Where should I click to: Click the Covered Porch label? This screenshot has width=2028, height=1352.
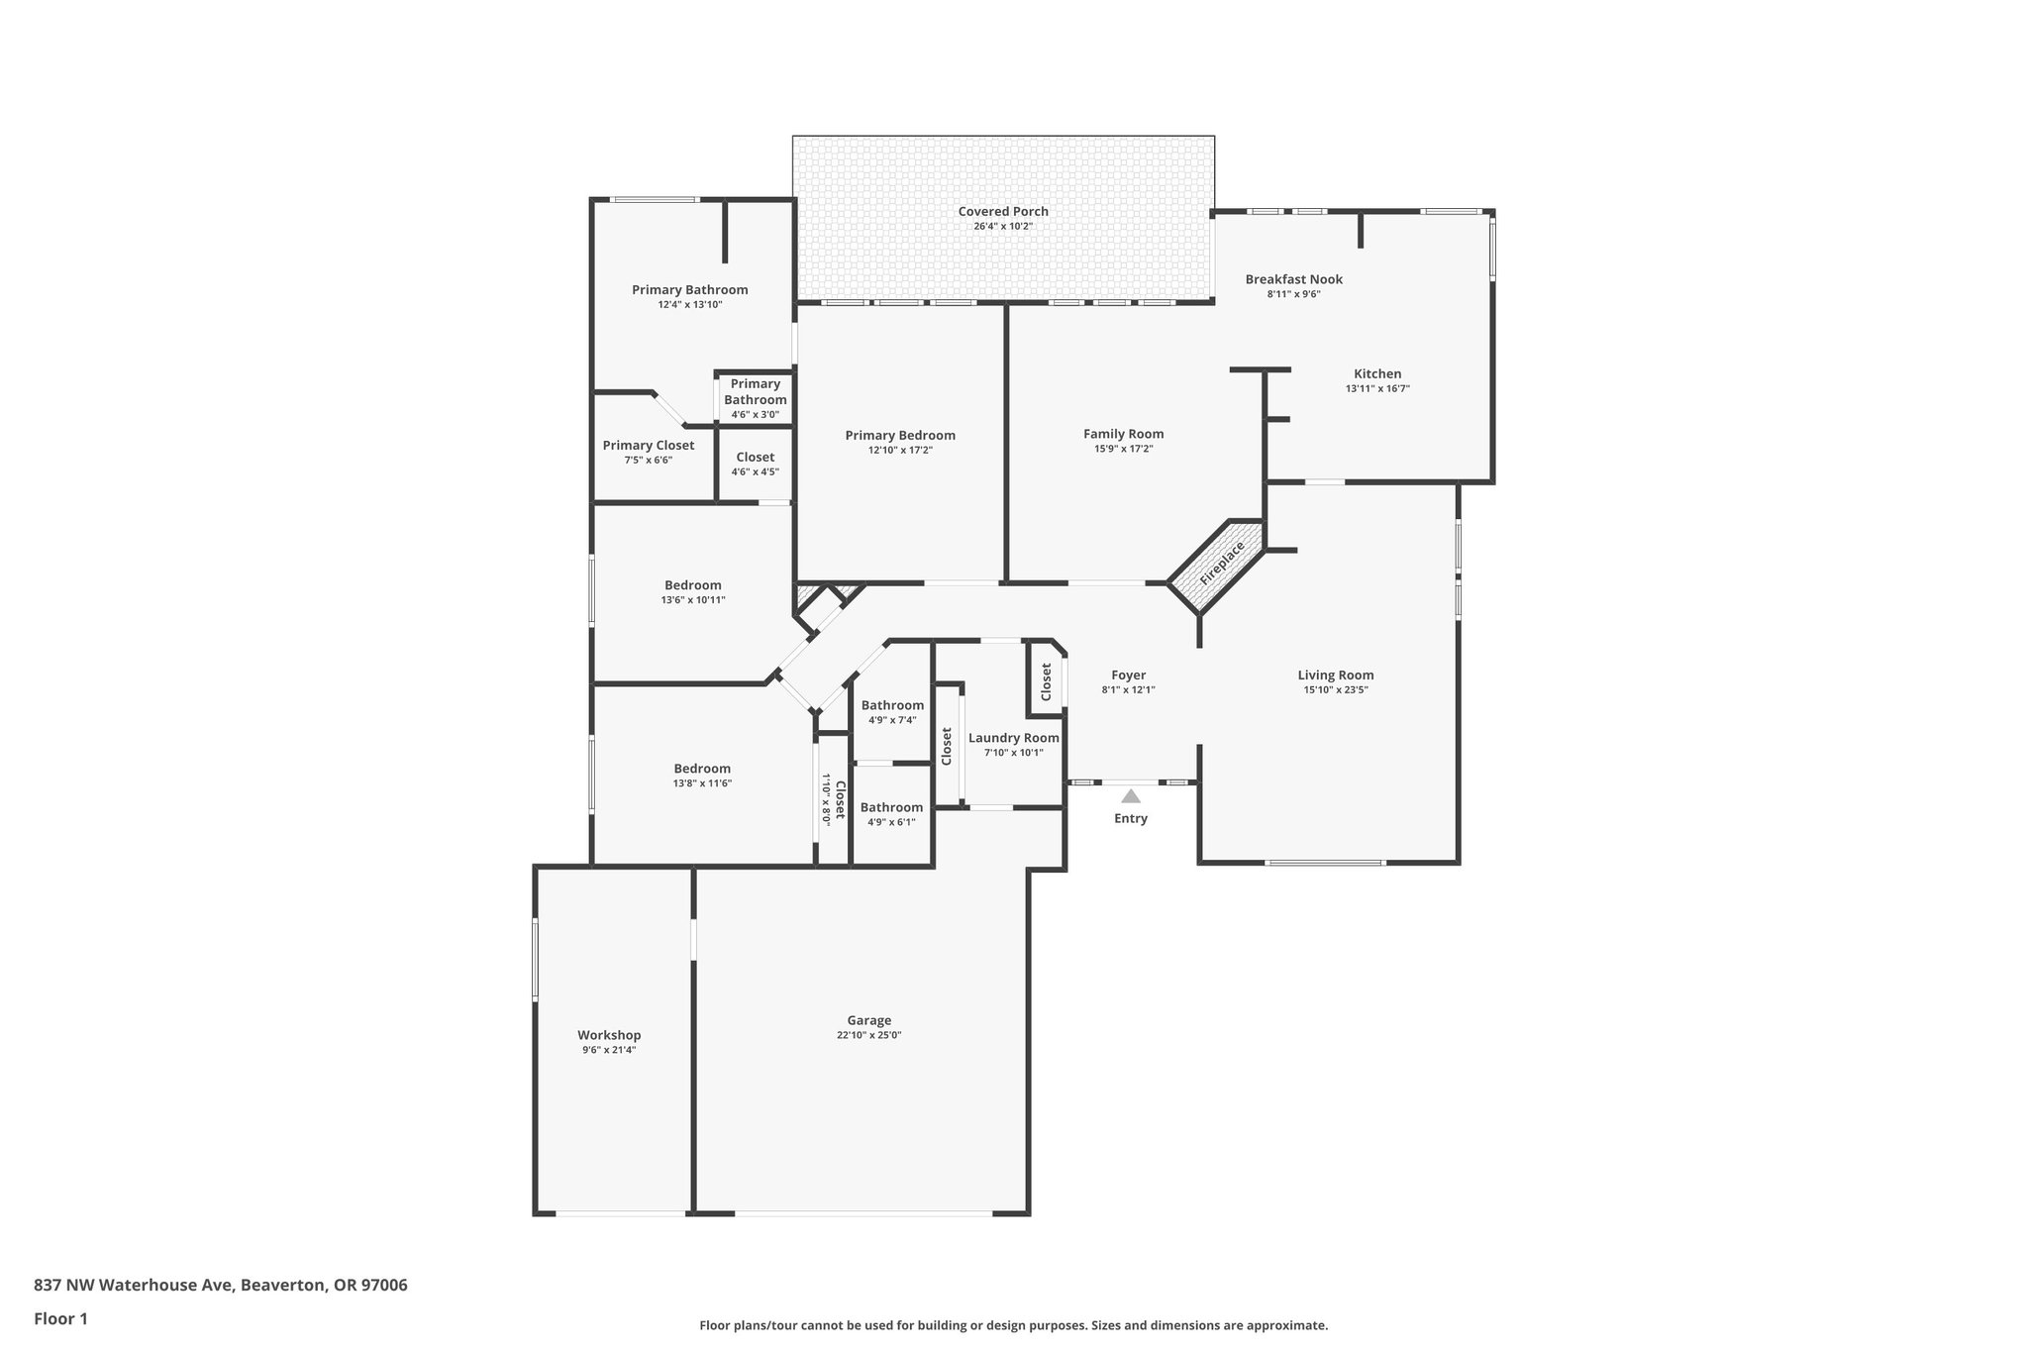(1002, 211)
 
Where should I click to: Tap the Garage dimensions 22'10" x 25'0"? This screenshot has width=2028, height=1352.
(868, 1035)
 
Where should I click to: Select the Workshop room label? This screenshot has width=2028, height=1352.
(609, 1035)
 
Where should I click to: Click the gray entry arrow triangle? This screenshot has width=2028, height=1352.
(1130, 795)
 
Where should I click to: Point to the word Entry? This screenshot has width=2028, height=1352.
(1130, 818)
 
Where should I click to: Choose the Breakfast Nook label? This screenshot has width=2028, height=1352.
(1293, 279)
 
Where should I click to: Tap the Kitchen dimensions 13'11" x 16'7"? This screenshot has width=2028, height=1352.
(1376, 389)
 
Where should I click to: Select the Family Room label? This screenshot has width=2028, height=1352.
(1123, 434)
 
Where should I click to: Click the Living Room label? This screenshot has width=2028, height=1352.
(1335, 676)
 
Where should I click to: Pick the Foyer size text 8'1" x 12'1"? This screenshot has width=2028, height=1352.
(1128, 690)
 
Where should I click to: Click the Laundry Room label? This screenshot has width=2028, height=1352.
(1013, 738)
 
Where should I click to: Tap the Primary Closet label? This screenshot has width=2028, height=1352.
(648, 446)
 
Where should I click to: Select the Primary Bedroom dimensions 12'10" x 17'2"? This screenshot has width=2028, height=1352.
(900, 450)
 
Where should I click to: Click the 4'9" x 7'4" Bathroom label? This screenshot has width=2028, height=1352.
(891, 706)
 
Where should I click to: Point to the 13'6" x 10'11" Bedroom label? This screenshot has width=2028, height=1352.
(692, 585)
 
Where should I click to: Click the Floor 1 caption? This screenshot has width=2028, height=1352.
(60, 1318)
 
